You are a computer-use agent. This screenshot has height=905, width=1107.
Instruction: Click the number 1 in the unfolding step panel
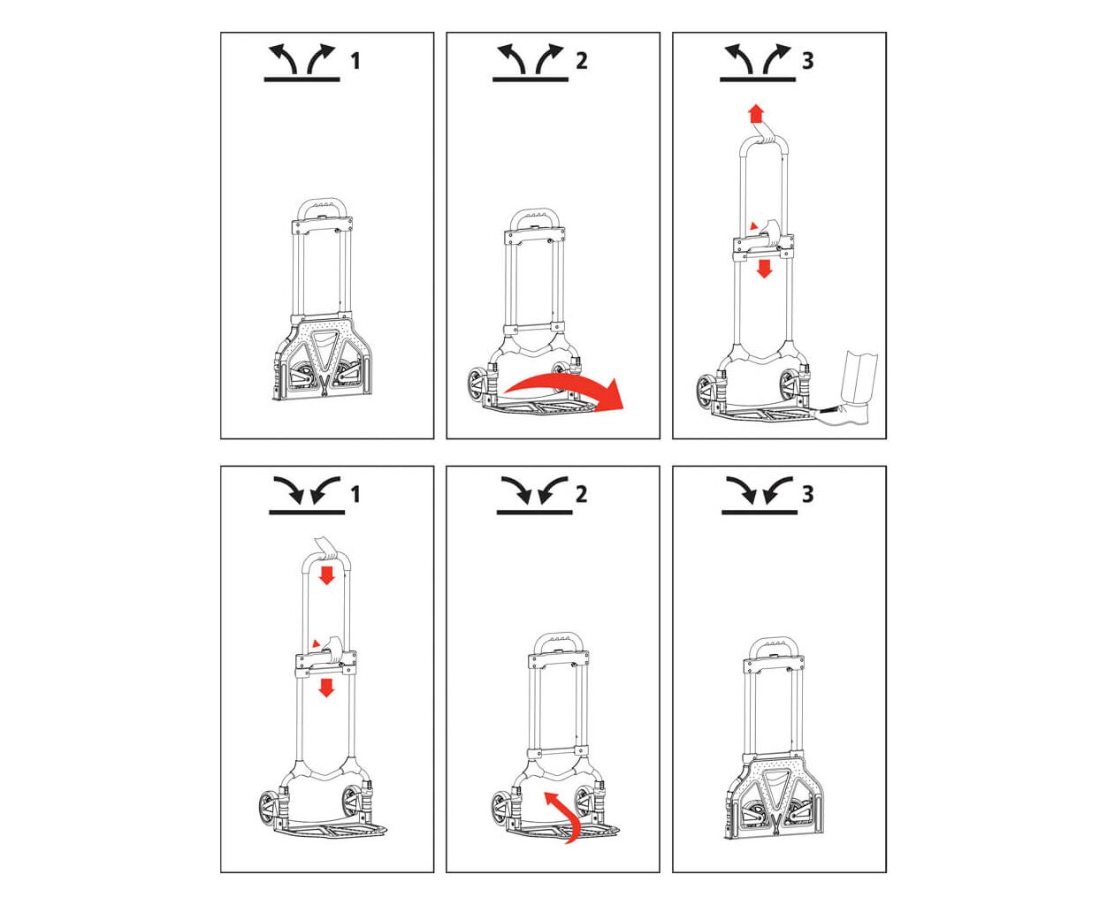click(x=355, y=61)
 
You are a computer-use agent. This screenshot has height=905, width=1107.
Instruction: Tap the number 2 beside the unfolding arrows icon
click(x=581, y=61)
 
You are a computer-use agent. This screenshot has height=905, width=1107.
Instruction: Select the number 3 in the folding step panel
click(x=808, y=494)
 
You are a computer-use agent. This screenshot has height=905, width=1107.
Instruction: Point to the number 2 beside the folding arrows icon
click(x=581, y=494)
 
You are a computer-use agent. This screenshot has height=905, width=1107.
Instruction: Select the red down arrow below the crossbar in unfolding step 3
click(x=764, y=269)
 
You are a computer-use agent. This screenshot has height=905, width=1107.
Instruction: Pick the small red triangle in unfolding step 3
click(x=753, y=225)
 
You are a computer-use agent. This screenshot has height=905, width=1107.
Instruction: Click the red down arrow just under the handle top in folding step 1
click(x=326, y=575)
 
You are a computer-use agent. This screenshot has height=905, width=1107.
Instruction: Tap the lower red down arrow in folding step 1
click(x=326, y=688)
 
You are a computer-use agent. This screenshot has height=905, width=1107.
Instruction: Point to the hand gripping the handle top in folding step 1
click(x=326, y=548)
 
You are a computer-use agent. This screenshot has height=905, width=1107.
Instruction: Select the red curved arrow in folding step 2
click(x=564, y=822)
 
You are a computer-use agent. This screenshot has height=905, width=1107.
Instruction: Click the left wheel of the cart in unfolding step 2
click(x=477, y=386)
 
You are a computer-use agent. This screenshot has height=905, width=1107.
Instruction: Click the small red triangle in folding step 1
click(x=316, y=643)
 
